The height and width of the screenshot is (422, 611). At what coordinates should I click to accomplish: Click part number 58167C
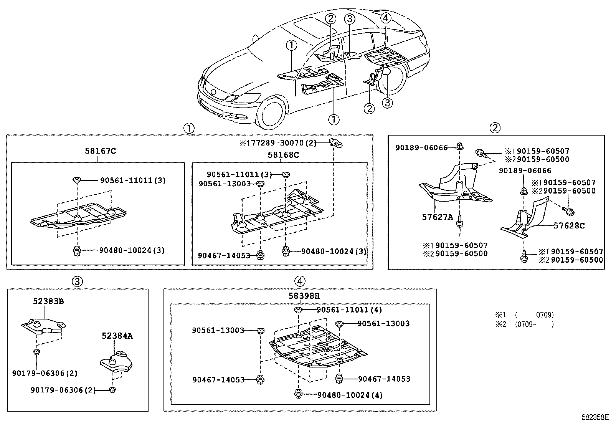point(100,151)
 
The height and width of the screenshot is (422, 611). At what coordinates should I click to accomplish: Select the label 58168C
point(283,155)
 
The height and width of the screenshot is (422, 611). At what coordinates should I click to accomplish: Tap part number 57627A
point(438,217)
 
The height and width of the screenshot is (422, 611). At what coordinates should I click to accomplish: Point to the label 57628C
point(569,226)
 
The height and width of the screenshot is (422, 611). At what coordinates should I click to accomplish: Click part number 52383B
point(48,301)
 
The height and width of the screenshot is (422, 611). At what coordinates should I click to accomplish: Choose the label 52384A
point(117,336)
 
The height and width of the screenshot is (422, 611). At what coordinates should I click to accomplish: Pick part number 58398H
point(304,296)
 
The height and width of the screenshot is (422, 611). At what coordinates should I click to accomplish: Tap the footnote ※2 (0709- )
point(525,324)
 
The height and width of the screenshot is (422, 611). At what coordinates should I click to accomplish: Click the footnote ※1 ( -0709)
point(525,315)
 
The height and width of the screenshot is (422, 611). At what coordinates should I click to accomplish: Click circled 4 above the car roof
point(386,18)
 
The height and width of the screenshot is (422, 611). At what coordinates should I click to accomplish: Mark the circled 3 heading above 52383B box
point(77,281)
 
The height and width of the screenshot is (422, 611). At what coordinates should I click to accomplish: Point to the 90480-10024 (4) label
point(350,395)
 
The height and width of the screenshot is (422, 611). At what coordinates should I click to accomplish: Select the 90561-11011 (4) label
point(349,310)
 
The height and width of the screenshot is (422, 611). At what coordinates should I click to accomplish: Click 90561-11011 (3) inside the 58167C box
point(133,180)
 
